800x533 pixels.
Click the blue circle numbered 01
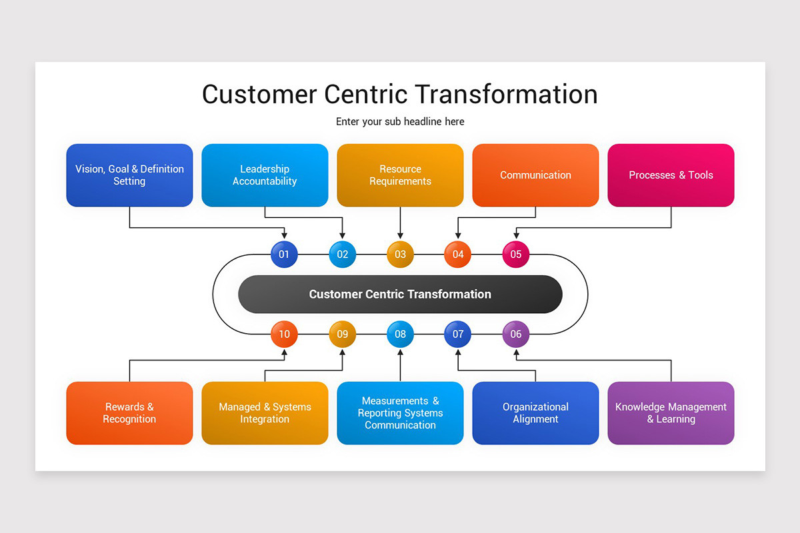[x=284, y=255]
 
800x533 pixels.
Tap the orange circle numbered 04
[x=458, y=255]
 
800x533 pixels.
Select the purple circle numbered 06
[x=515, y=334]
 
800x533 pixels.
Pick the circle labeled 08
[x=400, y=334]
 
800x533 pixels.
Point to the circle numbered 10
[x=284, y=334]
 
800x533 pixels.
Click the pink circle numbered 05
[x=515, y=255]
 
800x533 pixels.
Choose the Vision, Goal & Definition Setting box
[x=129, y=175]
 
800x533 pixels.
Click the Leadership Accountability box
[x=265, y=175]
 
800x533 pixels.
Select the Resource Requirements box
[x=400, y=175]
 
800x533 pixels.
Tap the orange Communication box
[x=535, y=175]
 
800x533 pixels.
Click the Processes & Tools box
[x=671, y=175]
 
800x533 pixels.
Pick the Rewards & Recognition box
[x=129, y=413]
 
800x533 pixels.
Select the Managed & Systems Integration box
[x=265, y=413]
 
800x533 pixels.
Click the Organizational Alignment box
[x=535, y=413]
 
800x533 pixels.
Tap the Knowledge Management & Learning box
[x=671, y=413]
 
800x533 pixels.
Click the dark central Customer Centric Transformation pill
[x=400, y=294]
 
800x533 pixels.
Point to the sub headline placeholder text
[x=400, y=122]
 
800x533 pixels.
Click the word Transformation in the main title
[x=510, y=94]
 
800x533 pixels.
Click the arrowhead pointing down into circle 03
[x=400, y=236]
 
